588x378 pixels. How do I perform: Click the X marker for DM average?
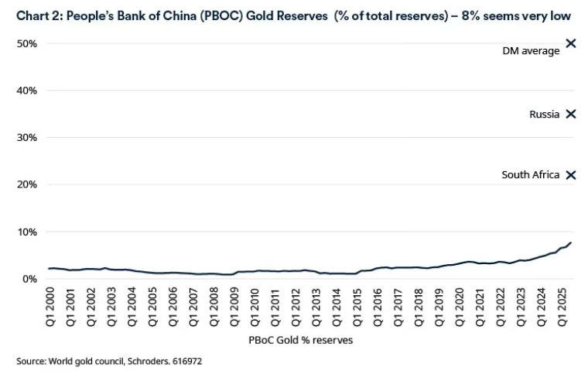click(x=571, y=43)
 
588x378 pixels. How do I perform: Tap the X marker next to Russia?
click(x=571, y=114)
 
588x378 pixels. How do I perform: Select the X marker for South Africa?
click(x=571, y=175)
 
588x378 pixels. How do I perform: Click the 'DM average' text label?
click(x=532, y=51)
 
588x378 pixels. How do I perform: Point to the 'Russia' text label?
click(x=544, y=114)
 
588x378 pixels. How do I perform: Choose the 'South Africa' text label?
click(x=530, y=175)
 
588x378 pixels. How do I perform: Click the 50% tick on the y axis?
click(x=26, y=44)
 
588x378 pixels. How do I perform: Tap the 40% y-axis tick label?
click(x=26, y=91)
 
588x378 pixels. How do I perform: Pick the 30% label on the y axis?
click(x=26, y=138)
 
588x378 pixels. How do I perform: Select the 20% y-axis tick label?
click(x=26, y=185)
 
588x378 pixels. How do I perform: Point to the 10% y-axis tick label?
click(x=26, y=232)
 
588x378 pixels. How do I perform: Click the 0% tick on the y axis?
click(x=29, y=279)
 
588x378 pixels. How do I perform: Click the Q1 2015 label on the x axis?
click(x=357, y=308)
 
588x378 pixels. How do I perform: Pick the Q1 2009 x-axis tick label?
click(x=235, y=308)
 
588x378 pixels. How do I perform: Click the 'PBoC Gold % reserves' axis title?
click(x=302, y=339)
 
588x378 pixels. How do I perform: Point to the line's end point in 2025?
click(x=571, y=243)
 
